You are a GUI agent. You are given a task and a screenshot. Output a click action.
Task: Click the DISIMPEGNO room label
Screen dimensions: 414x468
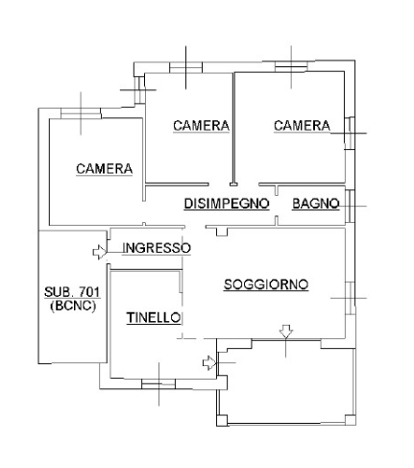coord(227,204)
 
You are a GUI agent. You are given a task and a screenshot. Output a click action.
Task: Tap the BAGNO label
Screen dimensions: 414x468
coord(316,204)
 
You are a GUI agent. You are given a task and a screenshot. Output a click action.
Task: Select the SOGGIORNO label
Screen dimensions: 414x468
coord(266,284)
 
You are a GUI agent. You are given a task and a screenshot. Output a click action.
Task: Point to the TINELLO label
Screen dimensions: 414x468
coord(154,318)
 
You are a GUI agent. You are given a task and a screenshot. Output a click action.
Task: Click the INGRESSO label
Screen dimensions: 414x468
coord(157,248)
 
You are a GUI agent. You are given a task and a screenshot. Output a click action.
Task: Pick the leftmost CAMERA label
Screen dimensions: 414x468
coord(105,169)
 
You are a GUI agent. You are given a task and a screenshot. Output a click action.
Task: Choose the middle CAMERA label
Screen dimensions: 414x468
coord(201,126)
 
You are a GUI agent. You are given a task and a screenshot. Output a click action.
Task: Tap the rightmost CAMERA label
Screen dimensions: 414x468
coord(302,126)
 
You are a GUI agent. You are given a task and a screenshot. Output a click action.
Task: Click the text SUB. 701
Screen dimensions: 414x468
coord(72,292)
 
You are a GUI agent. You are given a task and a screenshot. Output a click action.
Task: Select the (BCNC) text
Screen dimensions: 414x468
coord(73,306)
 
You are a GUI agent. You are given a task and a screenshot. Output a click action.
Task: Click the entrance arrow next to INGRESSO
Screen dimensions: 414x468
coord(99,252)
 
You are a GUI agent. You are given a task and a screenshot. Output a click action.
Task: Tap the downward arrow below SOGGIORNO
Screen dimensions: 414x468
coord(286,332)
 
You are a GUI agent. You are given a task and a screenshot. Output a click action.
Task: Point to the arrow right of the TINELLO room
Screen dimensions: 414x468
coord(209,363)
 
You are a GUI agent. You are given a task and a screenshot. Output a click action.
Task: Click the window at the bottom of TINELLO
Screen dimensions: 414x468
coord(158,383)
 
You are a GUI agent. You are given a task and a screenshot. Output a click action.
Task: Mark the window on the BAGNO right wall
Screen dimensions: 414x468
coord(350,206)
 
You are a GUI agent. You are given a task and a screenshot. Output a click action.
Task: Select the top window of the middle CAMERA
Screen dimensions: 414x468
coord(185,67)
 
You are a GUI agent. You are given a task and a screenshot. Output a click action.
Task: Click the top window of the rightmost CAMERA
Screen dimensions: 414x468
coord(291,66)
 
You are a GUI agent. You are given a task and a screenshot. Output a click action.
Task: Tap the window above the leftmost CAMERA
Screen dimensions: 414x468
coord(81,113)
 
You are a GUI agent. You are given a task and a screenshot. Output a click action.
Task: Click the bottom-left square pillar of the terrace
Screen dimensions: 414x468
coord(222,420)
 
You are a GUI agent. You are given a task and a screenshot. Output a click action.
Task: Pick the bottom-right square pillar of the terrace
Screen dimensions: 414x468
coord(351,420)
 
